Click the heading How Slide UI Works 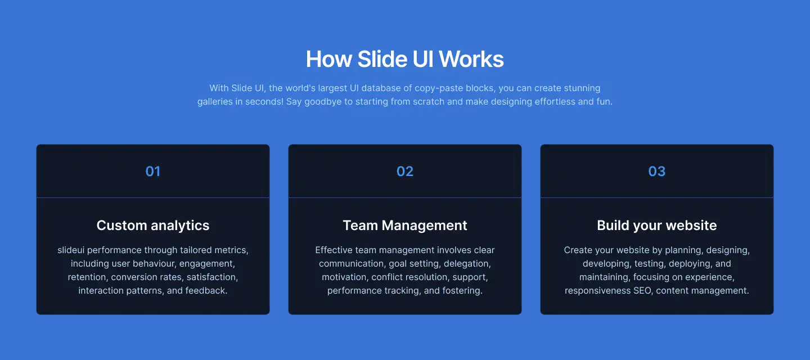(404, 59)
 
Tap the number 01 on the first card (153, 172)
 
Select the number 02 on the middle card (405, 172)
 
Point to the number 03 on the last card (657, 172)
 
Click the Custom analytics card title (153, 226)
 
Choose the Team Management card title (405, 226)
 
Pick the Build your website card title (657, 226)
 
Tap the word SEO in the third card (643, 291)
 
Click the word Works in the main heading (471, 59)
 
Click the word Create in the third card (578, 250)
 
